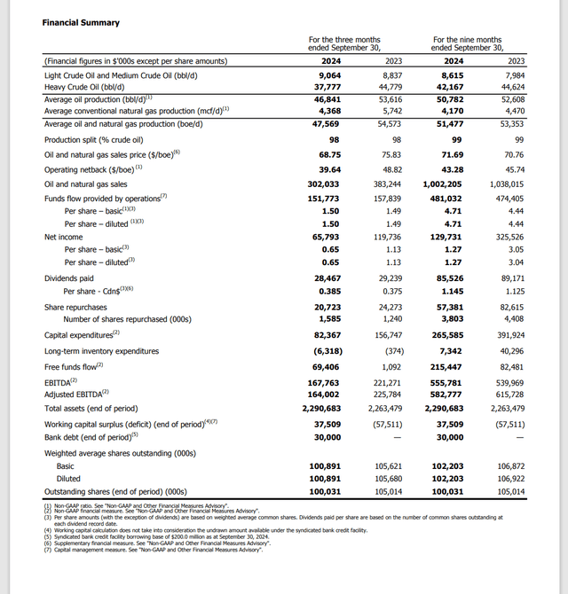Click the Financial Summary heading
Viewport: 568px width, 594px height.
click(x=81, y=22)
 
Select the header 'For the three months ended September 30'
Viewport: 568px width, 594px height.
click(x=343, y=44)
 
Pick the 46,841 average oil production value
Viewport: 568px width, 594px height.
click(x=327, y=99)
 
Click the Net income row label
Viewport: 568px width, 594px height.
click(x=65, y=238)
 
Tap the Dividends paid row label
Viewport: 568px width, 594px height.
click(x=71, y=278)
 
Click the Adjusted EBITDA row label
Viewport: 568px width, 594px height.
click(x=76, y=394)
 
